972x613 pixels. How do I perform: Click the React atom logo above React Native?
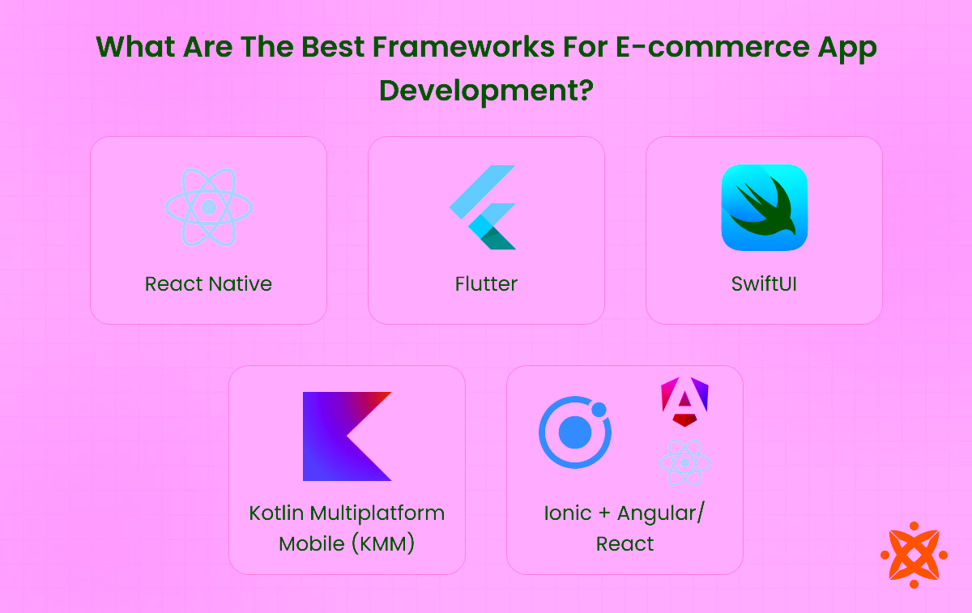click(209, 207)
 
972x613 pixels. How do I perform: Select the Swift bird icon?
click(764, 207)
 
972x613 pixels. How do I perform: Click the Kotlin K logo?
click(347, 436)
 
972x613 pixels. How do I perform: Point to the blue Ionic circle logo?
click(575, 432)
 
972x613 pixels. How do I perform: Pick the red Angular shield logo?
click(684, 401)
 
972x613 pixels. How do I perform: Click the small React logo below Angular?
click(684, 462)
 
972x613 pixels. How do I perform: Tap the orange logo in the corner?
click(914, 555)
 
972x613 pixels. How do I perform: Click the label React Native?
click(208, 284)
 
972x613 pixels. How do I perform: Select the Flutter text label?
click(486, 284)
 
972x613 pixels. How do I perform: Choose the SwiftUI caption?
click(764, 284)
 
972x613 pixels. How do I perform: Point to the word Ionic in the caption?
click(568, 513)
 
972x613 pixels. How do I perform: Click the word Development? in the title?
click(486, 90)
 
